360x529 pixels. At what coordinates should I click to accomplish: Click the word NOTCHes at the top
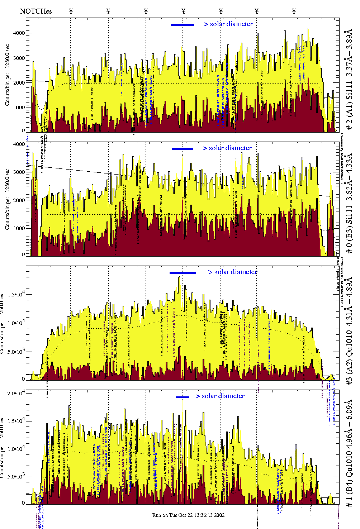point(36,11)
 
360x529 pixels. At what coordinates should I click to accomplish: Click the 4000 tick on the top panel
point(19,33)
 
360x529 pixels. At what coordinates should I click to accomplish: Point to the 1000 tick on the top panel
point(19,108)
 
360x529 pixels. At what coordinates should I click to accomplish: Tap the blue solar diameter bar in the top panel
point(183,25)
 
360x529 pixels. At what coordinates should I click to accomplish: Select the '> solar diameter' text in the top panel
point(228,24)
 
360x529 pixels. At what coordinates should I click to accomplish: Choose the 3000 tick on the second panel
point(19,172)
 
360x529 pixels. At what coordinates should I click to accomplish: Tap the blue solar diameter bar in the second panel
point(183,149)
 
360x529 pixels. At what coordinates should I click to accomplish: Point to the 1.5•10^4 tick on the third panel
point(16,294)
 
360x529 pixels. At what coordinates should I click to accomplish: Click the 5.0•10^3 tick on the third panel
point(16,352)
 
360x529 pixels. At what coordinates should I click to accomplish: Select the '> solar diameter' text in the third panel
point(233,272)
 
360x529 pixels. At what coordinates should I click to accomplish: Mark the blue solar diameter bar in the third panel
point(183,273)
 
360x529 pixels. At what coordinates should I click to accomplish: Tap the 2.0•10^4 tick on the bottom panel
point(16,393)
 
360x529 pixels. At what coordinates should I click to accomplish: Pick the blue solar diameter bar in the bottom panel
point(183,397)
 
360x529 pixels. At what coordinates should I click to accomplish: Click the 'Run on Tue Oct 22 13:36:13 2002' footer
point(188,515)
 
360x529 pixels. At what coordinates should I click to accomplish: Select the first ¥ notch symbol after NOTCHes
point(71,11)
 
